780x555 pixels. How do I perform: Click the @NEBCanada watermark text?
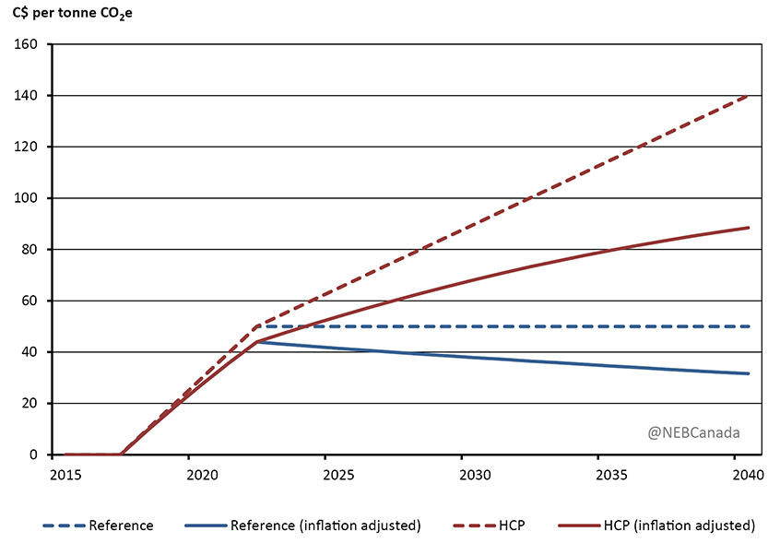[693, 431]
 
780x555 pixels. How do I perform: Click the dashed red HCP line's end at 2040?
[748, 95]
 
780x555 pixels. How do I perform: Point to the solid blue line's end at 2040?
[748, 373]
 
